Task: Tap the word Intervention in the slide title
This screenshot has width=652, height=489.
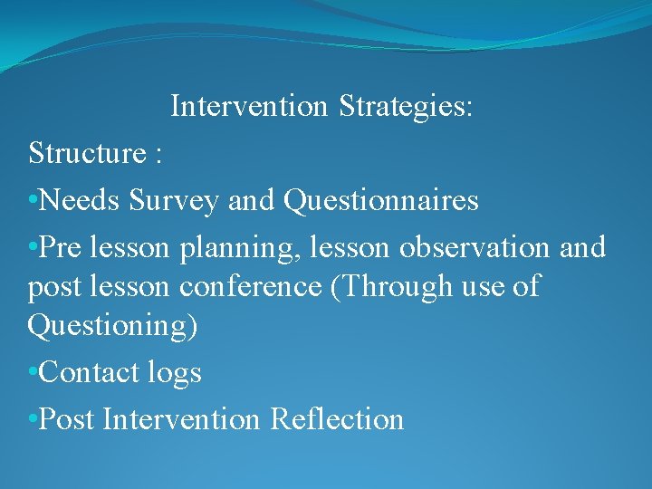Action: (249, 107)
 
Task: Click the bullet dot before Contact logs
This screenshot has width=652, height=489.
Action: (34, 373)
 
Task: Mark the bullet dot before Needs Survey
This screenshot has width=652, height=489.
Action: (34, 201)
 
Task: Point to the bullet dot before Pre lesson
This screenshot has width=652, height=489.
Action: (34, 248)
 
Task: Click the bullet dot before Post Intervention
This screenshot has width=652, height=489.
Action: (34, 420)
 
